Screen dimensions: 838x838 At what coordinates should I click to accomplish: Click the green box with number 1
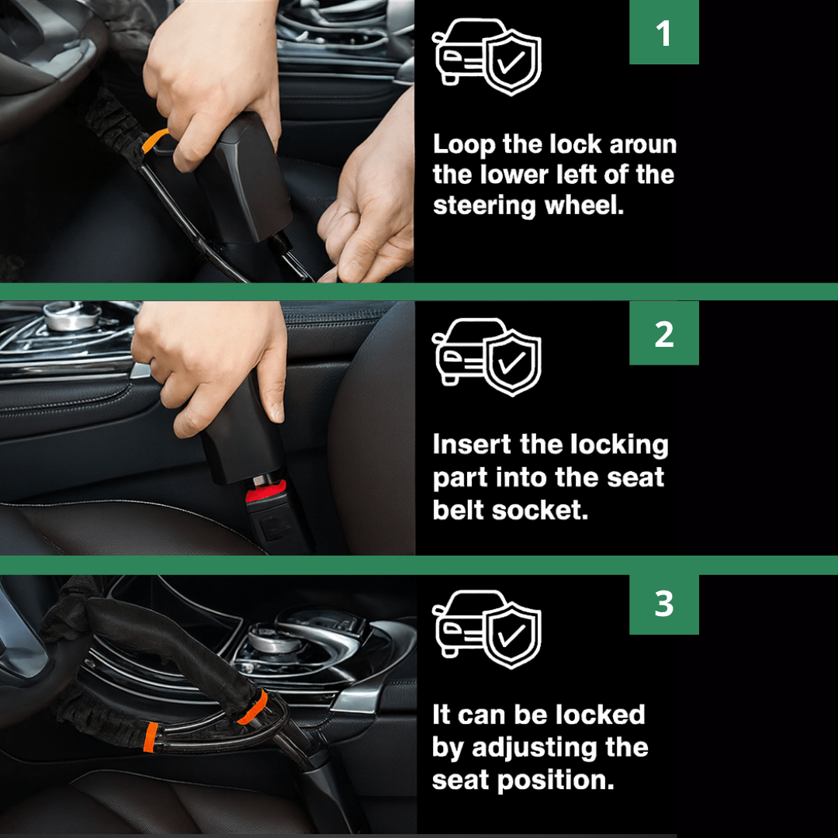[663, 32]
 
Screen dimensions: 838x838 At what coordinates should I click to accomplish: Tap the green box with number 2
[663, 333]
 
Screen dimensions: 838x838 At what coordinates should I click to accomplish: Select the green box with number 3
[663, 604]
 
